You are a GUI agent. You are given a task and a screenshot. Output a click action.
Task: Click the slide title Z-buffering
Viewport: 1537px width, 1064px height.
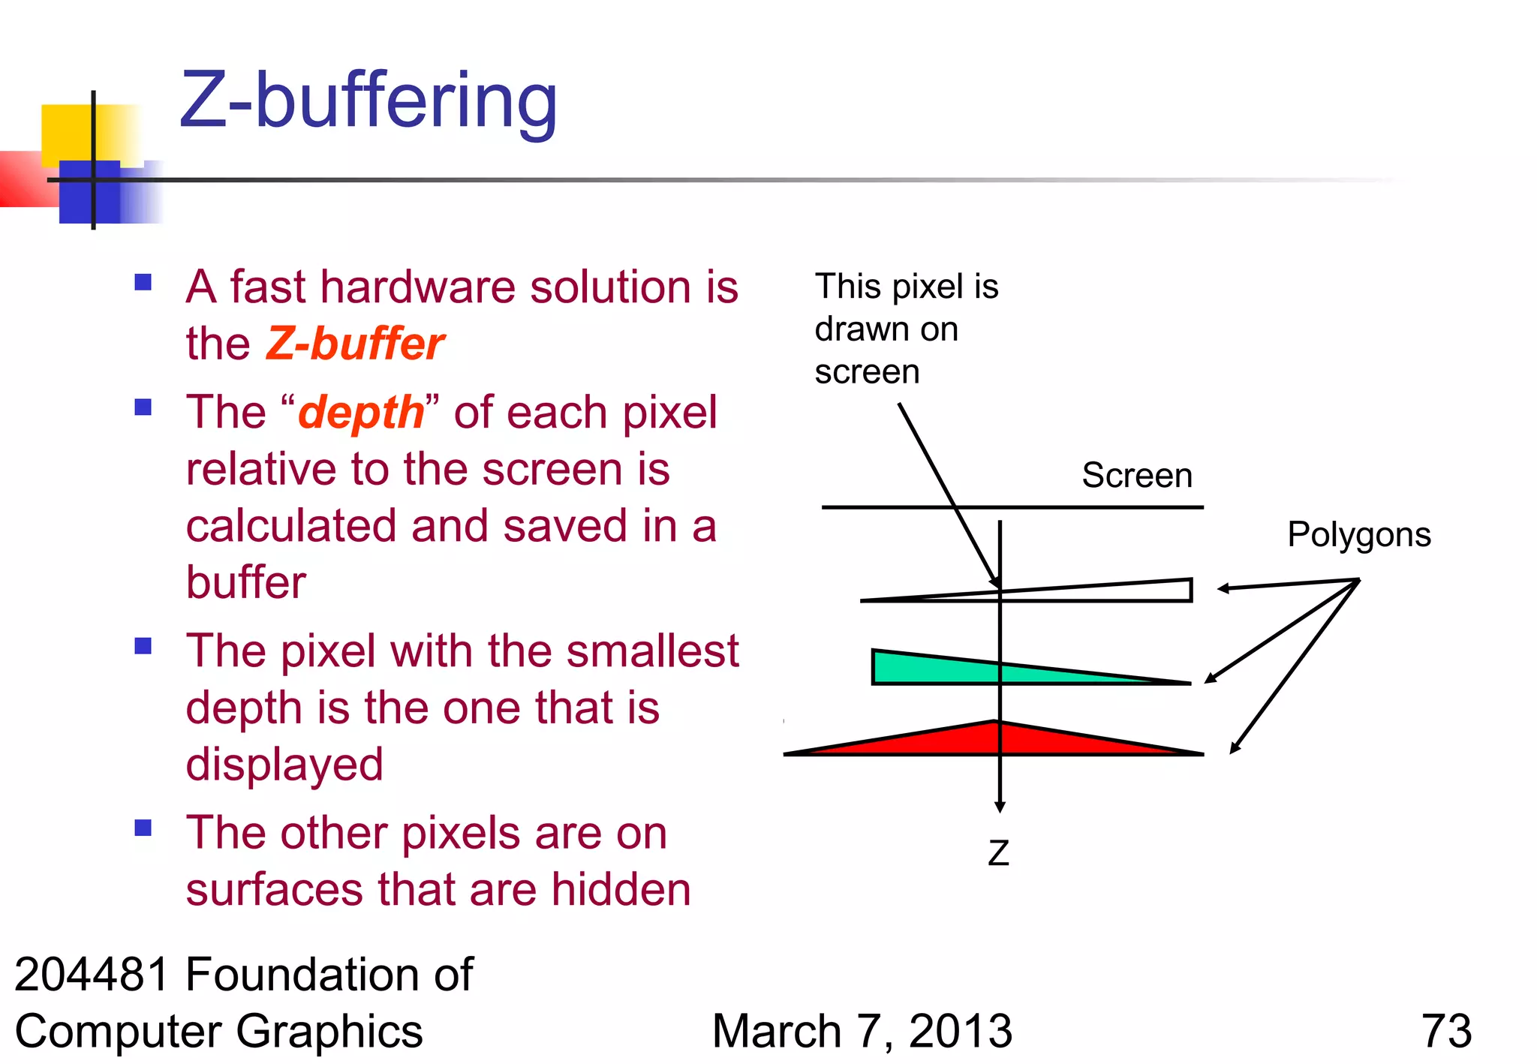[x=368, y=101]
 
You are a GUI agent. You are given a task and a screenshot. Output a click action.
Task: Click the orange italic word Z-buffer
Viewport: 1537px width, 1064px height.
[x=355, y=344]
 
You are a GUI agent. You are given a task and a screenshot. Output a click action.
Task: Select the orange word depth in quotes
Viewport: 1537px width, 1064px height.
[x=361, y=413]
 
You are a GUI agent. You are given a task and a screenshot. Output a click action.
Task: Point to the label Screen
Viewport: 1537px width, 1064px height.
[x=1136, y=476]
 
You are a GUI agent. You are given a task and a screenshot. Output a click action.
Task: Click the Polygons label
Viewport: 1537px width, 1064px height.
[x=1358, y=535]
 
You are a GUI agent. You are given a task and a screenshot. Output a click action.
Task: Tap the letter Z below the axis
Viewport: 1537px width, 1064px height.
[x=998, y=853]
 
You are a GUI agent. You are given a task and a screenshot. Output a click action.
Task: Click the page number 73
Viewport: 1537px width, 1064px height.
[x=1446, y=1031]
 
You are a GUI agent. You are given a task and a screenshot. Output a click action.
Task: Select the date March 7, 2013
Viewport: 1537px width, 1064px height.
[x=862, y=1031]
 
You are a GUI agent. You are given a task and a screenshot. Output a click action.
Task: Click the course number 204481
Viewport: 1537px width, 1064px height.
[x=92, y=975]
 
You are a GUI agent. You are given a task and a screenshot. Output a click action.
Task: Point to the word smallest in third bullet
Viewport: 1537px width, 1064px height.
[x=652, y=651]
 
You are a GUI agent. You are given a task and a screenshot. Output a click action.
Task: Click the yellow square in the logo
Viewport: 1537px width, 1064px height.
[x=75, y=131]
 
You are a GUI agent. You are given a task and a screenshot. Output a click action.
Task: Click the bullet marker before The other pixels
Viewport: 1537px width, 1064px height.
[x=143, y=828]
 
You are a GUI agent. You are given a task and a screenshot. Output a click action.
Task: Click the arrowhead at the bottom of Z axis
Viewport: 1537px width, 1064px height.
[x=1000, y=807]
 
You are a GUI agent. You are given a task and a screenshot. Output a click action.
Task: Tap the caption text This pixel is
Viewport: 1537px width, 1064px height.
[x=906, y=287]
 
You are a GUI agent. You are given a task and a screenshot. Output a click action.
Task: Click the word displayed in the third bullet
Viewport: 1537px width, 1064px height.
[x=284, y=765]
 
